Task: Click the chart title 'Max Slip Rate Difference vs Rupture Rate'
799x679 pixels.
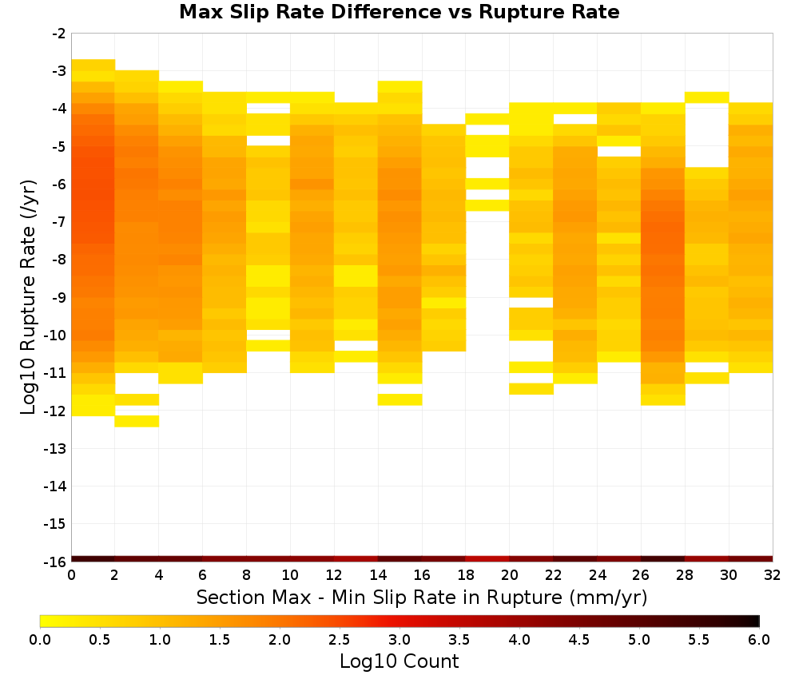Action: point(399,12)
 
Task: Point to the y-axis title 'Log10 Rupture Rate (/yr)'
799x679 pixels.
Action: point(28,297)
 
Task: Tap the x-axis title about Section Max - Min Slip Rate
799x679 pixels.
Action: point(421,597)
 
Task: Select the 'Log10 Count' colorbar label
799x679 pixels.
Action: point(399,661)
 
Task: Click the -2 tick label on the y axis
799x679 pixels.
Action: point(58,34)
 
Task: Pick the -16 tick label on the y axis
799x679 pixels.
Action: point(55,562)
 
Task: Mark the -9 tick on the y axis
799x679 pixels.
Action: point(58,297)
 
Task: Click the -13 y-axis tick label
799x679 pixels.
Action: point(55,449)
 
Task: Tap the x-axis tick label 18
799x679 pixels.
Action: point(466,576)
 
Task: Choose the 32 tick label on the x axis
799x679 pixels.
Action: point(773,576)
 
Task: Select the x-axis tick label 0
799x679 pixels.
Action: point(71,576)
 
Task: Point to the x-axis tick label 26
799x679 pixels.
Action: point(641,576)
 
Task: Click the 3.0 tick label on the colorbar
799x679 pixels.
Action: point(399,639)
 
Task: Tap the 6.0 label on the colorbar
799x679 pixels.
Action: point(759,639)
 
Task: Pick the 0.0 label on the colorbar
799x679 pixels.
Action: point(40,639)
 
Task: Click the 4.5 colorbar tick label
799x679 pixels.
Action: point(578,639)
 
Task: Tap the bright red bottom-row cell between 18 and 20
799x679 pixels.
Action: point(487,559)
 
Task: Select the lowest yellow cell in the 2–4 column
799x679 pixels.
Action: point(137,421)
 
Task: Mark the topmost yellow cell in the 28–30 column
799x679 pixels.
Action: point(707,97)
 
